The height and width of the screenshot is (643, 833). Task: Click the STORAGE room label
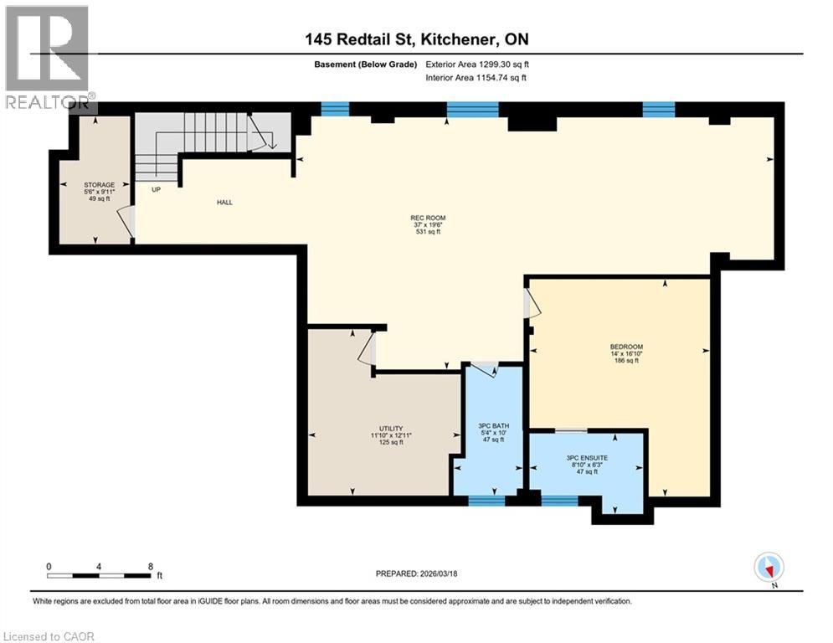[99, 184]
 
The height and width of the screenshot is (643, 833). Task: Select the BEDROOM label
[626, 347]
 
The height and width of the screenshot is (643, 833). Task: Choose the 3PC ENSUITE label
[585, 457]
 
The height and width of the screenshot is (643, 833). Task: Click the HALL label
[224, 202]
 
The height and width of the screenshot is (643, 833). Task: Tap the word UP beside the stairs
[156, 189]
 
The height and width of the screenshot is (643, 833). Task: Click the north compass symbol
[769, 568]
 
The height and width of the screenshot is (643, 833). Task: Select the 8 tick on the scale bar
[151, 567]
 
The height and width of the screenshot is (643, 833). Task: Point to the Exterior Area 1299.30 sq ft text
[476, 64]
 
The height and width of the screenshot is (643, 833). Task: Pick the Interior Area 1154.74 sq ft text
[476, 78]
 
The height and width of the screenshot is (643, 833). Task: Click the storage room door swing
[126, 222]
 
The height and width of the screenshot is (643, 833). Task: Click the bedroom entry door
[531, 303]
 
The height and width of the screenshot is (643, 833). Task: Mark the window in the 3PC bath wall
[486, 501]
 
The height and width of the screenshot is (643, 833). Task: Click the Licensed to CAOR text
[49, 636]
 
